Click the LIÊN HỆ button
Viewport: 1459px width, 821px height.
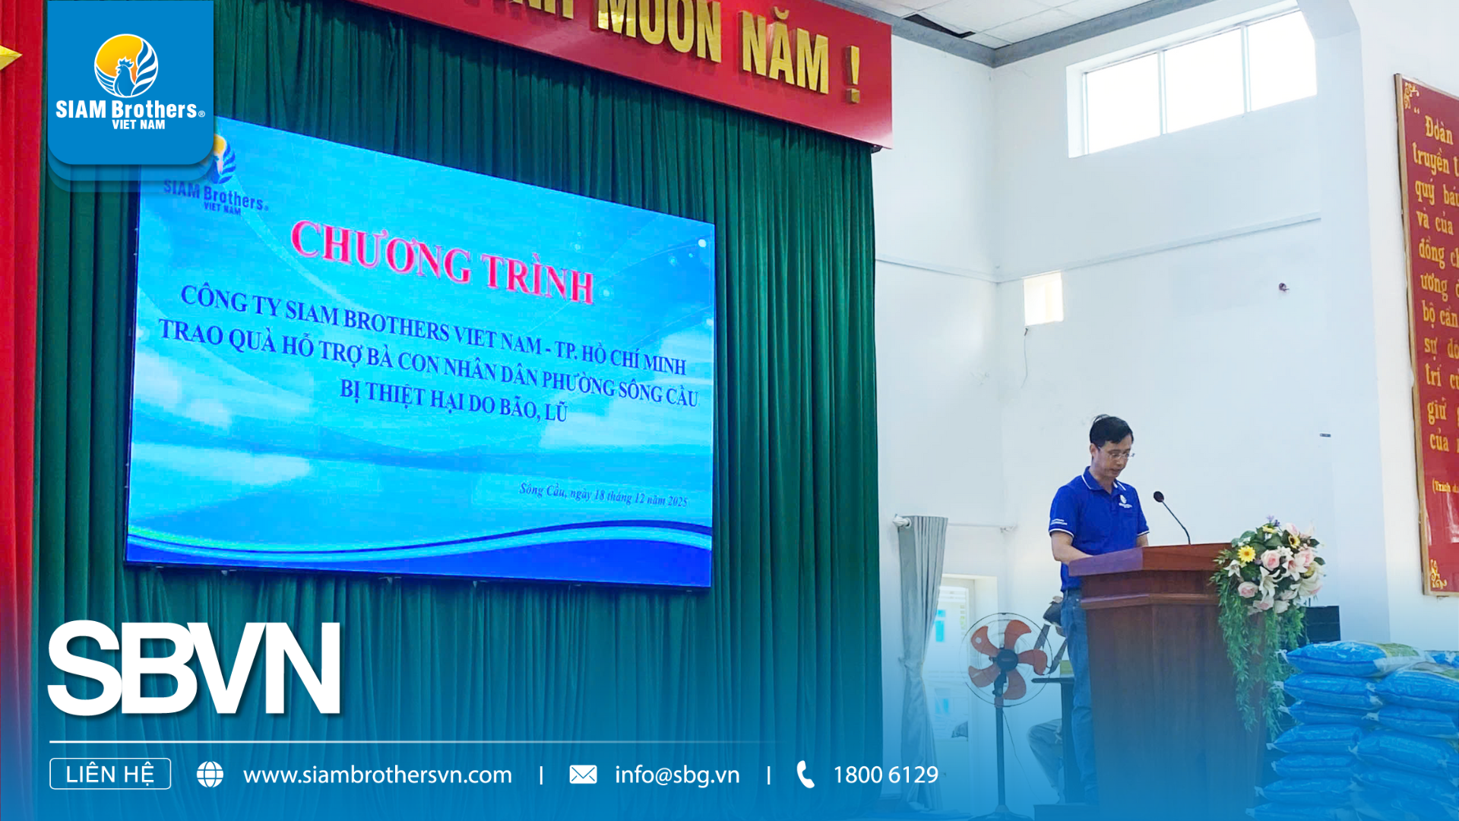[x=110, y=774]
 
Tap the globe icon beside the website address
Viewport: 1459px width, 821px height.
[x=210, y=775]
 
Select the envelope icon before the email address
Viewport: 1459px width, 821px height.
[x=583, y=775]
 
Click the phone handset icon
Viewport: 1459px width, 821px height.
[x=805, y=775]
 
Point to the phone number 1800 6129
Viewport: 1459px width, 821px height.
[x=885, y=775]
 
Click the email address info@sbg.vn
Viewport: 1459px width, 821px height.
[x=676, y=775]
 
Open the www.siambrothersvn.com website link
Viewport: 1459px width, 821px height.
[x=377, y=775]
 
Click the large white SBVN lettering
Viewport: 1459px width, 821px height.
[x=195, y=668]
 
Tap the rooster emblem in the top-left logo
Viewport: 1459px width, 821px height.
[x=126, y=67]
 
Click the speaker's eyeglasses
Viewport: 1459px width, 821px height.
[x=1116, y=454]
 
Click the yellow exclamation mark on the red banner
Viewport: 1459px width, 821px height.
[x=853, y=74]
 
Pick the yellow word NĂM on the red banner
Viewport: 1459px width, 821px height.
[x=784, y=53]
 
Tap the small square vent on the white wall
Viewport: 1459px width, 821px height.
[x=1042, y=299]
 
